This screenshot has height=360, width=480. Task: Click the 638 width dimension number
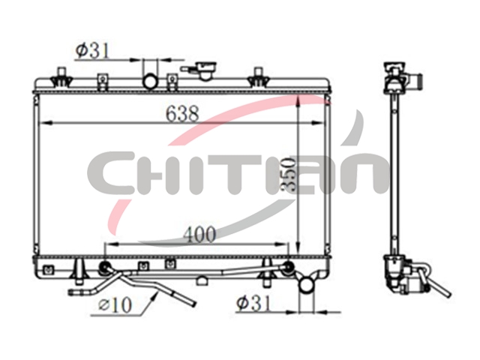[x=182, y=113]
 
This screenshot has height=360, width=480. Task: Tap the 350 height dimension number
[x=289, y=175]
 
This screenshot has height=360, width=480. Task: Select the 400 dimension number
[x=200, y=235]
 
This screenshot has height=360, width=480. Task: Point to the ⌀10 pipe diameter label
[x=115, y=304]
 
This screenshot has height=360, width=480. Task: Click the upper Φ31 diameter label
[x=92, y=50]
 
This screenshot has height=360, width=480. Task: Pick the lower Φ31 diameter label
[x=253, y=303]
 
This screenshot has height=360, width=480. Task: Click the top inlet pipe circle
[x=151, y=82]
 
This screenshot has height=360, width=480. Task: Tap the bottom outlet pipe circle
[x=307, y=285]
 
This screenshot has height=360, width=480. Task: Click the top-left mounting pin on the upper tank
[x=61, y=77]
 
